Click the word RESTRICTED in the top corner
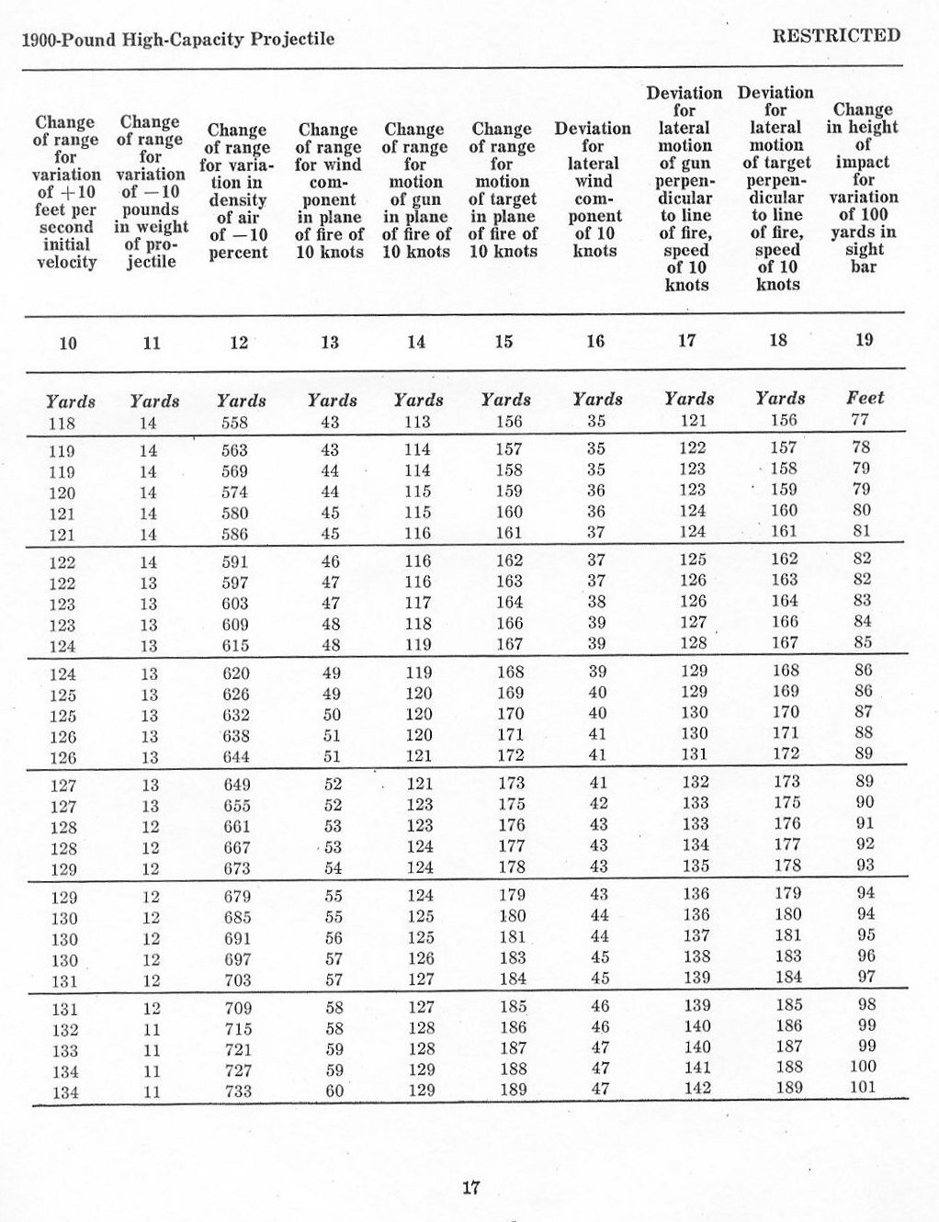tap(836, 36)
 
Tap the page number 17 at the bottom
tap(470, 1187)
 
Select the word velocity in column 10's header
tap(66, 263)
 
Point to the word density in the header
tap(237, 200)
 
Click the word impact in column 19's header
tap(862, 162)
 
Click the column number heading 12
tap(239, 343)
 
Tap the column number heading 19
tap(864, 340)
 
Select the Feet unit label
tap(865, 398)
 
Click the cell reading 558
tap(236, 423)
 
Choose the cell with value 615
tap(236, 646)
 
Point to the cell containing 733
tap(238, 1092)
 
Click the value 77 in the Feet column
tap(860, 420)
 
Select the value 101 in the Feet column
tap(863, 1087)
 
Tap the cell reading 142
tap(697, 1088)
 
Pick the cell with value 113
tap(416, 422)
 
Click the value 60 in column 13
tap(334, 1092)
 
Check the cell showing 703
tap(238, 980)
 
